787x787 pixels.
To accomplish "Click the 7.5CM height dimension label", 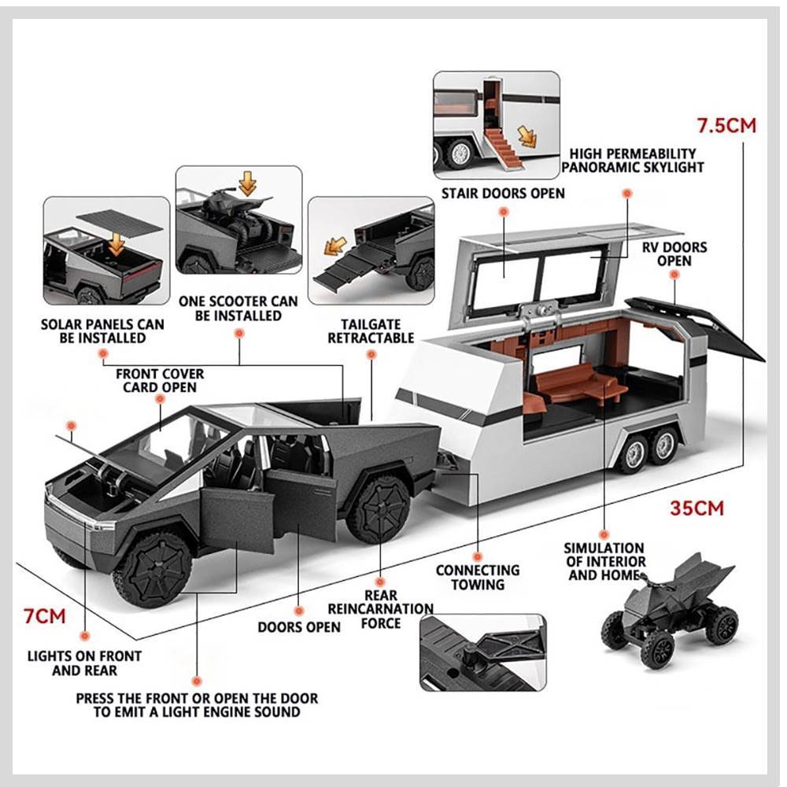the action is [726, 125].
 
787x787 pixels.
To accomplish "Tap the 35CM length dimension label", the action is [697, 508].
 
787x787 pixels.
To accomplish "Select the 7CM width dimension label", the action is [45, 616].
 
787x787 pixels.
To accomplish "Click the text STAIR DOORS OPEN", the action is [503, 194].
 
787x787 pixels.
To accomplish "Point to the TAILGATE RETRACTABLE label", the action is [371, 331].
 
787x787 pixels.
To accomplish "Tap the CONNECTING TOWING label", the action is [478, 577].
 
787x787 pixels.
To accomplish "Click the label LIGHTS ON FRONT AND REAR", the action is [84, 663].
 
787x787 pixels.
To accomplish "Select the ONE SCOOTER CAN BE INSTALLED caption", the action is [238, 309].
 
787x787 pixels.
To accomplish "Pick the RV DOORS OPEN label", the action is [674, 254].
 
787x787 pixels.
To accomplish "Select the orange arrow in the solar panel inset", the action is [116, 243].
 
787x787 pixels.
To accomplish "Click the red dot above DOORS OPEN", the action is [299, 611].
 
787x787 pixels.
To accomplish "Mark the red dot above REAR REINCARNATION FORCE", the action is [380, 582].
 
